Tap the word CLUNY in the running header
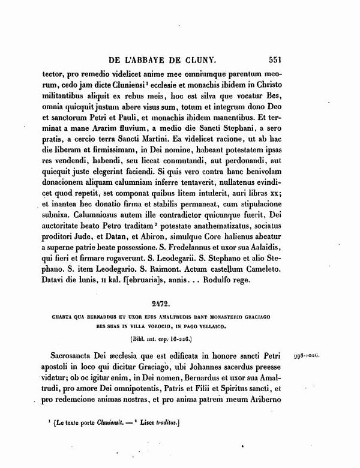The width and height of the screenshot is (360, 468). (201, 60)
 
